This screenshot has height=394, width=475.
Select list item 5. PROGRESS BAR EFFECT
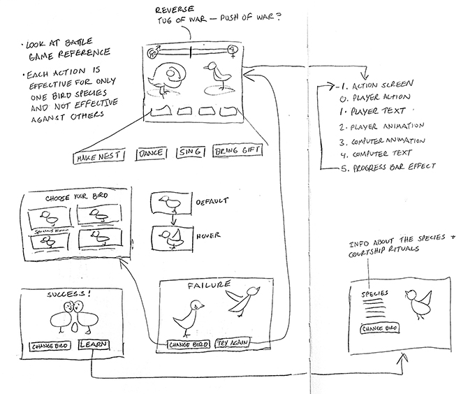tap(385, 166)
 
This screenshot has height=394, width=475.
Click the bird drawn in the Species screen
tap(423, 305)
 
